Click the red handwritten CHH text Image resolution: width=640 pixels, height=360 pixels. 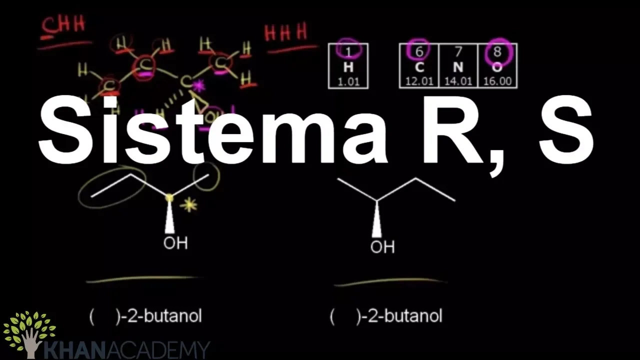63,25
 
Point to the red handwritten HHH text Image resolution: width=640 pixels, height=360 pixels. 286,33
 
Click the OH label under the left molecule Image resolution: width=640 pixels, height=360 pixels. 175,243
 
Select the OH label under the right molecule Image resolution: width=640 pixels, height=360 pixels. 382,247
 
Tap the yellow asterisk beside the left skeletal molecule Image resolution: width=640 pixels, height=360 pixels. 189,205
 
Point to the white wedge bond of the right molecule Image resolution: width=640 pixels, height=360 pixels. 376,220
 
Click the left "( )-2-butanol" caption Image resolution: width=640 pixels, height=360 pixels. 145,316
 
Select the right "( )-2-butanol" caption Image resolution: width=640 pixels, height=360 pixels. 386,316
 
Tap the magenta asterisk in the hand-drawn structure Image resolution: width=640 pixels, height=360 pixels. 199,86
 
